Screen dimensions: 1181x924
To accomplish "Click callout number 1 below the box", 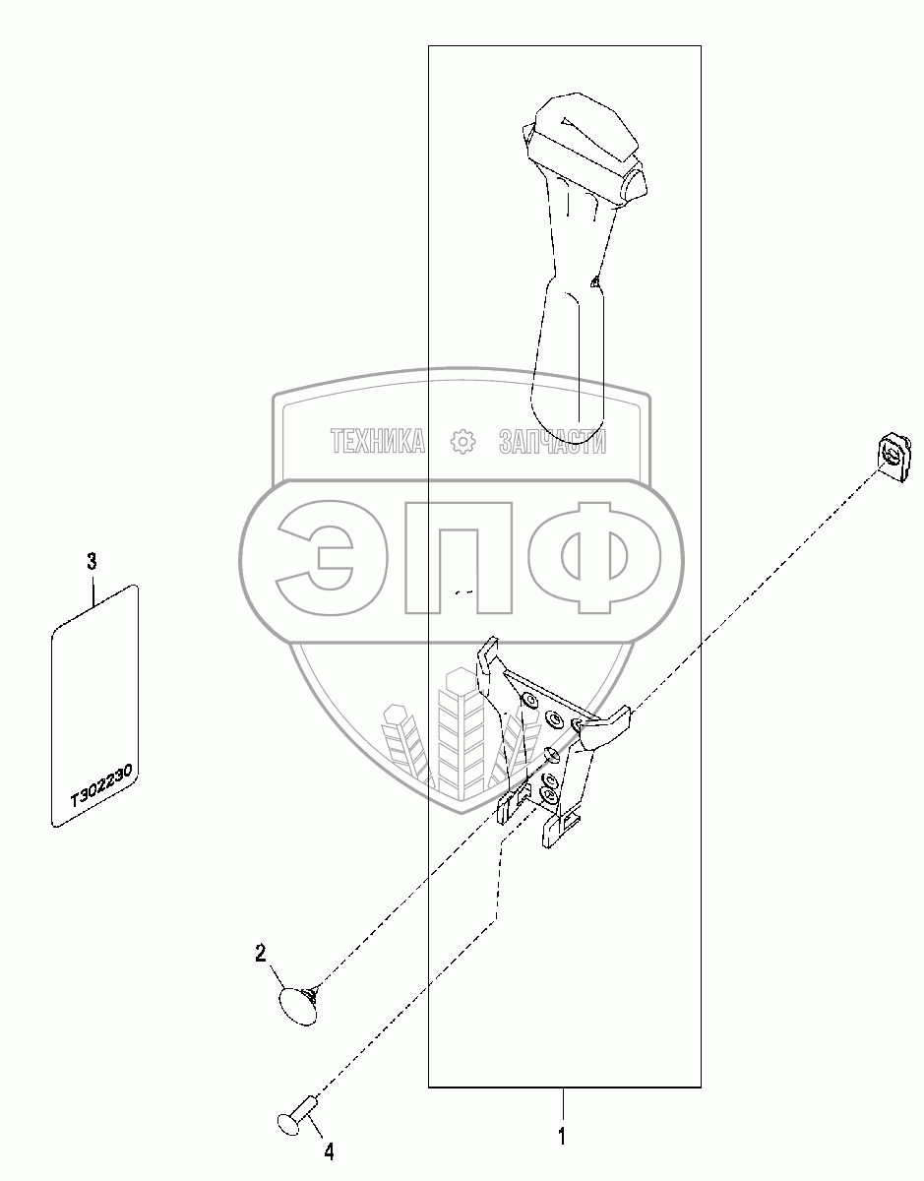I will (x=562, y=1137).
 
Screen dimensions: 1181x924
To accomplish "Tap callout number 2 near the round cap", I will (x=261, y=953).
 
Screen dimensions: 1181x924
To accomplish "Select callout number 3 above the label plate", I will (x=92, y=562).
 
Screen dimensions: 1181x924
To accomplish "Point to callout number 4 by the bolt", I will (x=329, y=1151).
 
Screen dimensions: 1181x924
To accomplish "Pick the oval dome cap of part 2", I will (x=296, y=1005).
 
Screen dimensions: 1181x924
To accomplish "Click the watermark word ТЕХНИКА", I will (x=378, y=443).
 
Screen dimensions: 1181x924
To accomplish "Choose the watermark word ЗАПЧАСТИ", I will (x=552, y=443).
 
